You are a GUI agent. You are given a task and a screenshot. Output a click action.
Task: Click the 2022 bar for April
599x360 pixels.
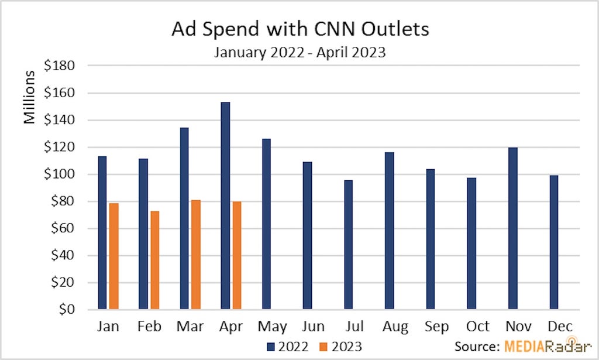pos(225,205)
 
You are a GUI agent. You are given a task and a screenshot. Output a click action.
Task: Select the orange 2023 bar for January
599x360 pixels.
pos(114,256)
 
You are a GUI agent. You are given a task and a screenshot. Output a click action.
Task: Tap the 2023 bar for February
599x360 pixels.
pos(154,260)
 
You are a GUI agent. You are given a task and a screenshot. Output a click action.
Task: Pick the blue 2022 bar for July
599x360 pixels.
pos(349,245)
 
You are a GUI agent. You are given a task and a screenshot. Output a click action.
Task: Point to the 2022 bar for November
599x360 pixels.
pos(512,228)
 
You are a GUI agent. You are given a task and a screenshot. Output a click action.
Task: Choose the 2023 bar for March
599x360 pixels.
pos(196,255)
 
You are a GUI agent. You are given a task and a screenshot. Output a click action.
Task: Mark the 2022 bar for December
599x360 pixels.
pos(553,242)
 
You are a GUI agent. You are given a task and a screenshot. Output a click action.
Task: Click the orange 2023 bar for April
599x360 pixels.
pos(237,255)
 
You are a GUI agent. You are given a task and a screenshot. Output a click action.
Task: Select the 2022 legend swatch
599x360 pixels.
pos(271,347)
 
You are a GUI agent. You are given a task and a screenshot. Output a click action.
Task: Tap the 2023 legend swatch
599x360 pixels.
pos(323,347)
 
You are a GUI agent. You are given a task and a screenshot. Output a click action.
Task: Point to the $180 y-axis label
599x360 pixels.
pos(59,66)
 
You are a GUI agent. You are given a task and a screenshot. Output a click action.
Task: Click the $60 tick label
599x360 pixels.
pos(63,228)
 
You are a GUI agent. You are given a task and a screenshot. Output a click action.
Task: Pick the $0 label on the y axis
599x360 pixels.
pos(67,309)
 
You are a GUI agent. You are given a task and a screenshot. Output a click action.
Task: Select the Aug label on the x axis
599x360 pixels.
pos(395,327)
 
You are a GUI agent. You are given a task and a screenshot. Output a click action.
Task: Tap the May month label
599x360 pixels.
pos(273,327)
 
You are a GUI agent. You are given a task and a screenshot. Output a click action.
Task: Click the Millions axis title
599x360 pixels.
pos(29,97)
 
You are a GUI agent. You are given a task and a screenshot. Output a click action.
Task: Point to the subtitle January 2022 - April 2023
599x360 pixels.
pos(300,52)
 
